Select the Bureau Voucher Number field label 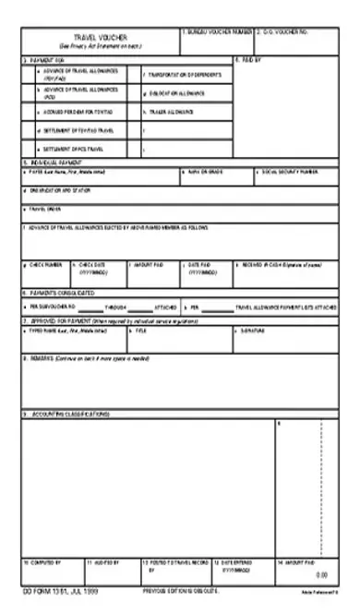(x=217, y=31)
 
